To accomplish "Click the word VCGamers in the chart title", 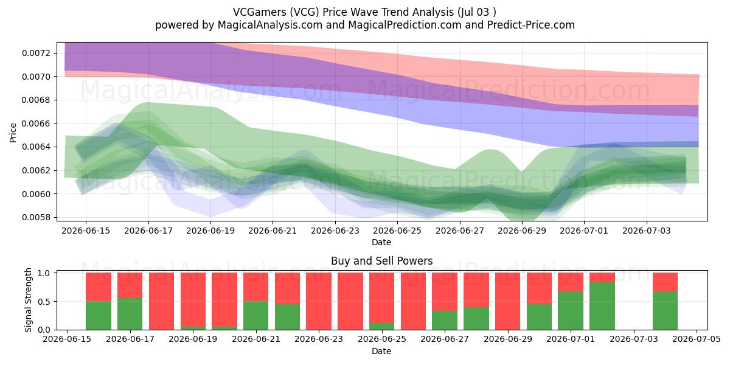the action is (259, 12).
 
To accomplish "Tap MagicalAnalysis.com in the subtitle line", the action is (270, 25).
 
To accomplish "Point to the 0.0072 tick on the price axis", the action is (36, 53).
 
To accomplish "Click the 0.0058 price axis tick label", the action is (36, 217).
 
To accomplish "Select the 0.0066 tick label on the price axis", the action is (36, 123).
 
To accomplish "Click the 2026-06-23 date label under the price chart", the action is (335, 231).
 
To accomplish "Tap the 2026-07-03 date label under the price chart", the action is (647, 231).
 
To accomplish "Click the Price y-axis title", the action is (13, 133).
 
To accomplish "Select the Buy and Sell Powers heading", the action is (381, 261).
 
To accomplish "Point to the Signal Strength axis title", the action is (28, 300).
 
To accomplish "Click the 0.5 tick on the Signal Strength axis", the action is (44, 302).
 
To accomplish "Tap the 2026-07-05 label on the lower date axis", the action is (697, 339).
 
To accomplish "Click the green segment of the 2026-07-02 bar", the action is (602, 306).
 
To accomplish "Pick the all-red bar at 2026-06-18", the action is (162, 301).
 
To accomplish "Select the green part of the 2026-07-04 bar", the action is (665, 311).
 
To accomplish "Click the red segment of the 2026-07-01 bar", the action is (571, 282).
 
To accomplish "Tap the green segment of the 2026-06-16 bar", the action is (99, 316).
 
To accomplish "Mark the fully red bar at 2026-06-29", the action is (508, 301).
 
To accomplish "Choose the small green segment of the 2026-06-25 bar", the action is (381, 326).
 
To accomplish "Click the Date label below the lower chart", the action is (381, 351).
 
